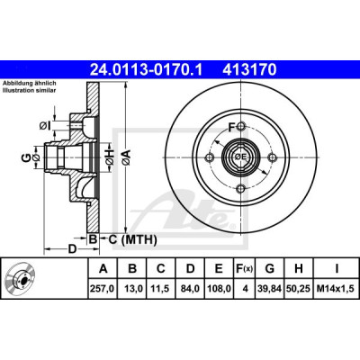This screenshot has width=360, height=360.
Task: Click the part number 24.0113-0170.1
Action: (147, 70)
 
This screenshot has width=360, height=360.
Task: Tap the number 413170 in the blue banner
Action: (249, 70)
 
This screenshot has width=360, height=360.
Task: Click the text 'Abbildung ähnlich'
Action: (30, 84)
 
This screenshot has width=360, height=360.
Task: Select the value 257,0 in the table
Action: (103, 289)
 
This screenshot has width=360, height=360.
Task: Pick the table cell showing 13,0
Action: (132, 289)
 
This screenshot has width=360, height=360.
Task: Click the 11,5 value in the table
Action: (161, 289)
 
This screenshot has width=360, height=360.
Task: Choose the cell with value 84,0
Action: (190, 289)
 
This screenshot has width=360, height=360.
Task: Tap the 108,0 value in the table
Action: (219, 289)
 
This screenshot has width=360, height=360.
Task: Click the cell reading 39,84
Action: (269, 289)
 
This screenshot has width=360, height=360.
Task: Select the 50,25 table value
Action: (299, 289)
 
